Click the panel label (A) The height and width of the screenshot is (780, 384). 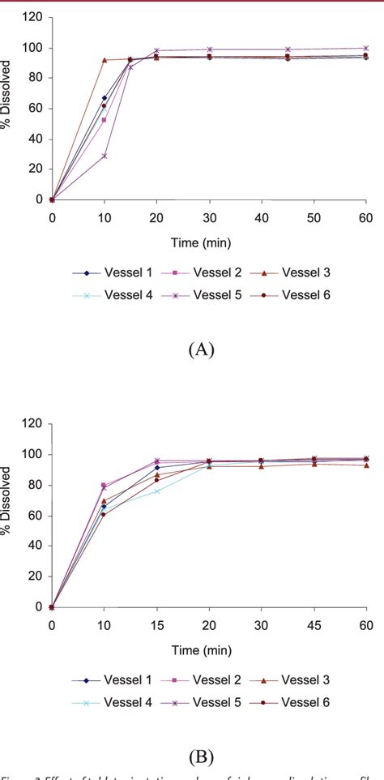pos(200,349)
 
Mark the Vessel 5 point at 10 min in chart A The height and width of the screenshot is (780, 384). pos(105,156)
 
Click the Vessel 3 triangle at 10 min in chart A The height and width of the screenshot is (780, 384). pos(105,60)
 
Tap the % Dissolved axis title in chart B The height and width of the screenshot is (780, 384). pos(8,515)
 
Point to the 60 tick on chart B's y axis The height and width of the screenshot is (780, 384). pos(33,515)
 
